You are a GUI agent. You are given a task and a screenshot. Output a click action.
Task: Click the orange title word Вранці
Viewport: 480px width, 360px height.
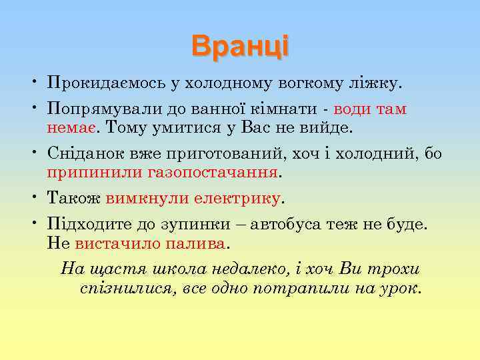[x=239, y=46]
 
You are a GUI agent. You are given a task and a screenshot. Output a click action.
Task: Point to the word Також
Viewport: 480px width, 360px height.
[x=74, y=198]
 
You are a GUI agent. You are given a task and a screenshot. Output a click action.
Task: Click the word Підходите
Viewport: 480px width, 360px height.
[x=87, y=225]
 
